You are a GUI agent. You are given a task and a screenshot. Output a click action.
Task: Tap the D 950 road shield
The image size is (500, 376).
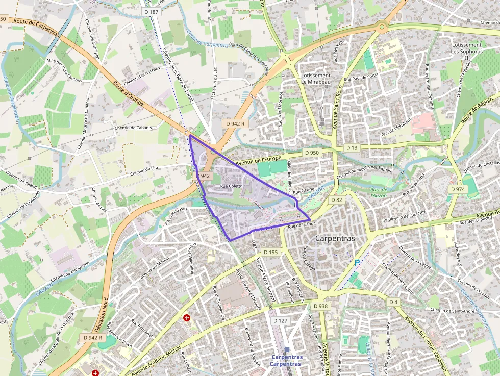pyautogui.click(x=311, y=153)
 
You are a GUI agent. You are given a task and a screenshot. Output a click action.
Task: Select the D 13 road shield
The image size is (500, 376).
pyautogui.click(x=352, y=147)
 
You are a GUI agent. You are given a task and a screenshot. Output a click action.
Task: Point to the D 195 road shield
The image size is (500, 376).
pyautogui.click(x=270, y=252)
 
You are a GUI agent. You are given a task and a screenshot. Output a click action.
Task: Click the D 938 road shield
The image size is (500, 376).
pyautogui.click(x=320, y=306)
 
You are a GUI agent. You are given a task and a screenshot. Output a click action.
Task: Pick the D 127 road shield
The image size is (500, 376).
pyautogui.click(x=281, y=321)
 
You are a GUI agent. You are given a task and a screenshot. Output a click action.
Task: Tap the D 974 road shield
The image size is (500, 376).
pyautogui.click(x=457, y=189)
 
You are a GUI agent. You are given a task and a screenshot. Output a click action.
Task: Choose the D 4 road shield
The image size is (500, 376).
pyautogui.click(x=393, y=302)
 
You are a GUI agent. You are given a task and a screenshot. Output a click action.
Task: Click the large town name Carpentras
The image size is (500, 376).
pyautogui.click(x=335, y=238)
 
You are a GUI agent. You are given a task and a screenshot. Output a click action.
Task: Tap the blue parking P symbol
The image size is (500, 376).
pyautogui.click(x=357, y=262)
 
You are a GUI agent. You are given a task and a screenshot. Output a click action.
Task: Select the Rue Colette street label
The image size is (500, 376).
pyautogui.click(x=231, y=187)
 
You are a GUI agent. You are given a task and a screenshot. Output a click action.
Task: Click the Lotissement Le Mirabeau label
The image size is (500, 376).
pyautogui.click(x=316, y=79)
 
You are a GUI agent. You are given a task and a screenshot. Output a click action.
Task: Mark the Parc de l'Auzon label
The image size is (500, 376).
pyautogui.click(x=379, y=192)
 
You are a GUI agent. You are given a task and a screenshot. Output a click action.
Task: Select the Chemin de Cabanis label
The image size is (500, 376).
pyautogui.click(x=133, y=128)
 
